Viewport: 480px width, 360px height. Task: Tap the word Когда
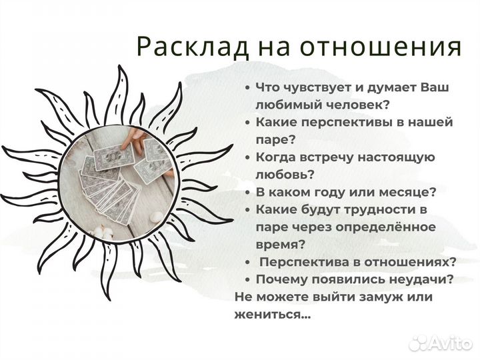click(x=276, y=157)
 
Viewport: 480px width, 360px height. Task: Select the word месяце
click(x=405, y=192)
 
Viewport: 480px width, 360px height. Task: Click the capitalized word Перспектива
click(x=303, y=262)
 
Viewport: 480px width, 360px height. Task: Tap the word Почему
click(x=279, y=279)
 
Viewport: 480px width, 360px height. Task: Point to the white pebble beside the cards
click(x=156, y=217)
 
